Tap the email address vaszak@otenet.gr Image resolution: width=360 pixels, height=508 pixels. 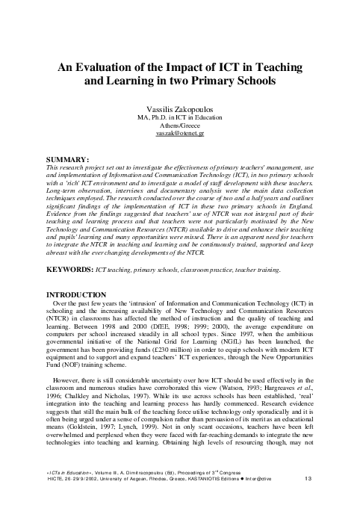[x=179, y=134]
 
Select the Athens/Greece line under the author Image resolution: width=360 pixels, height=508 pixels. [x=179, y=126]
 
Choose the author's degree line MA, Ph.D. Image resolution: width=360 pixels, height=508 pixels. [x=179, y=117]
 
